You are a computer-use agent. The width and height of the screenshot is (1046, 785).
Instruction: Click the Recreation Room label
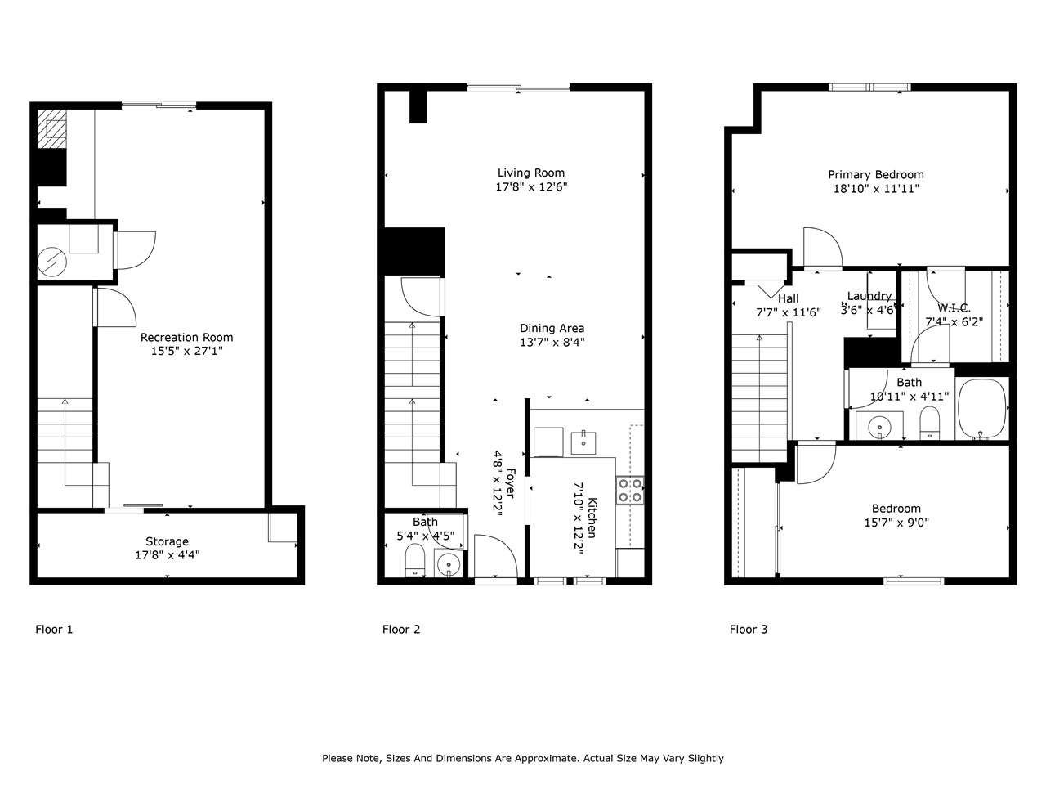point(186,338)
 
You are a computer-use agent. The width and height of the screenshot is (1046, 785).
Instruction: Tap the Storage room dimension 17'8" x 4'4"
point(168,554)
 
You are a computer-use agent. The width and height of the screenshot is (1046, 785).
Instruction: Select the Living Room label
point(531,173)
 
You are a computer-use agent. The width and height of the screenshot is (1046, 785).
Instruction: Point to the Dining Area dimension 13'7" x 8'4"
point(552,342)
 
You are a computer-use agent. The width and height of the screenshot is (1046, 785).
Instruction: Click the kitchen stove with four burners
point(629,491)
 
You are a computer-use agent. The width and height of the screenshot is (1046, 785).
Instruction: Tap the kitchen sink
point(583,442)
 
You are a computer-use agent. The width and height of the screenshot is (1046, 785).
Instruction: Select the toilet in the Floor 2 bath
point(415,560)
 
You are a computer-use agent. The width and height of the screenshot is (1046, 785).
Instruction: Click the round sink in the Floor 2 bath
point(448,565)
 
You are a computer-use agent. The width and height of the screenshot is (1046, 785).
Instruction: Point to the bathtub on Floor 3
point(981,409)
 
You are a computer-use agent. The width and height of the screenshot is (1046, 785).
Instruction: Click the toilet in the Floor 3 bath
point(929,422)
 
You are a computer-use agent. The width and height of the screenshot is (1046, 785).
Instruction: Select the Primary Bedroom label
point(876,175)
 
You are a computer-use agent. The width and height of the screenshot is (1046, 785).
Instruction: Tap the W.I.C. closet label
point(954,308)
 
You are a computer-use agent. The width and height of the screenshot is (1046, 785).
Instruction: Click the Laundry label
point(869,296)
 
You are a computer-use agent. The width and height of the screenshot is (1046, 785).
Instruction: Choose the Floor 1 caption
point(54,629)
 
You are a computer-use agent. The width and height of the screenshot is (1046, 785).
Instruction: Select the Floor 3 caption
point(749,629)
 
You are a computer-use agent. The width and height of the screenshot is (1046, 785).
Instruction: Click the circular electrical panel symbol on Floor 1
point(52,261)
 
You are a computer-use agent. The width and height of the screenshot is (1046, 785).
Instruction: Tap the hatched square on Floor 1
point(51,128)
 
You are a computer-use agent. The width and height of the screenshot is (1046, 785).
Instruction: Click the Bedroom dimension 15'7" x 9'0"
point(896,523)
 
